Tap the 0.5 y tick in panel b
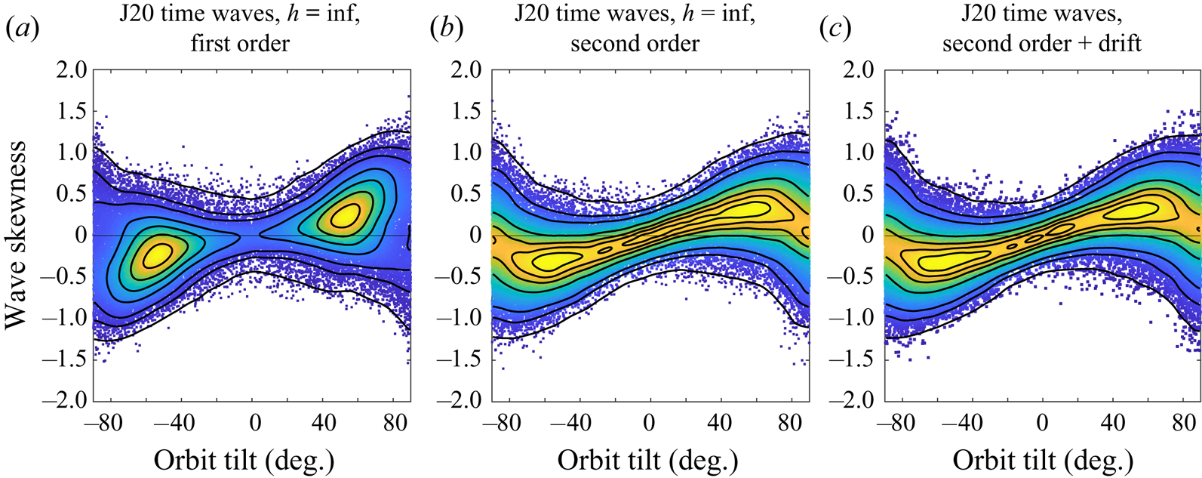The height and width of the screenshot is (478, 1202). pos(466,194)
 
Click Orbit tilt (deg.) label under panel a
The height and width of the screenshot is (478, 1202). pos(244,459)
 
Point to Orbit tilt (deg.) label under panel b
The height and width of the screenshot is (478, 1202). pos(647,459)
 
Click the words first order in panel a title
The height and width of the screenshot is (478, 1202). pos(240,43)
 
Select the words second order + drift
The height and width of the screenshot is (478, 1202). pos(1041,43)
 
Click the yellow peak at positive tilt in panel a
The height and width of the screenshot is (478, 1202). pos(344,216)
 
